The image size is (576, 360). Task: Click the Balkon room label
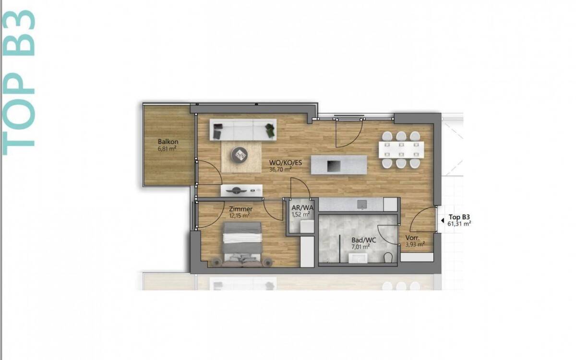(x=168, y=142)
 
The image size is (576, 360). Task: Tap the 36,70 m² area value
(x=280, y=169)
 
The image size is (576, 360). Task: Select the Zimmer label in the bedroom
(x=240, y=209)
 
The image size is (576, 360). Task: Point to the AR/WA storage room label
(x=302, y=207)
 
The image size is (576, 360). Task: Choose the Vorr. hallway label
(x=413, y=238)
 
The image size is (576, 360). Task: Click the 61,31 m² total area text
(x=459, y=224)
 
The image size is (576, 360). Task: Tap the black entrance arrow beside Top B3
(x=442, y=220)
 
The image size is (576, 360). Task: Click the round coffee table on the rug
(x=240, y=154)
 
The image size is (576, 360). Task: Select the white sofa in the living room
(x=243, y=130)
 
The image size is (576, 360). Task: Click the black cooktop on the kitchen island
(x=334, y=166)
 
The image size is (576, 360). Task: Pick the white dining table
(x=401, y=150)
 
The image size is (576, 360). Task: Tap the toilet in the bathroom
(x=388, y=257)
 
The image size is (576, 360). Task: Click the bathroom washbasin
(x=358, y=258)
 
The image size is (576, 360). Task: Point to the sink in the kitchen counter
(x=362, y=204)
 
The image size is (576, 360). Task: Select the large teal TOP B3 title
(x=18, y=83)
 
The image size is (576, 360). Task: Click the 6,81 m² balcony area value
(x=167, y=148)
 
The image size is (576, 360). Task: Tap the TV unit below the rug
(x=241, y=191)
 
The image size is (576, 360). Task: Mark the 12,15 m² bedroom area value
(x=240, y=216)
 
